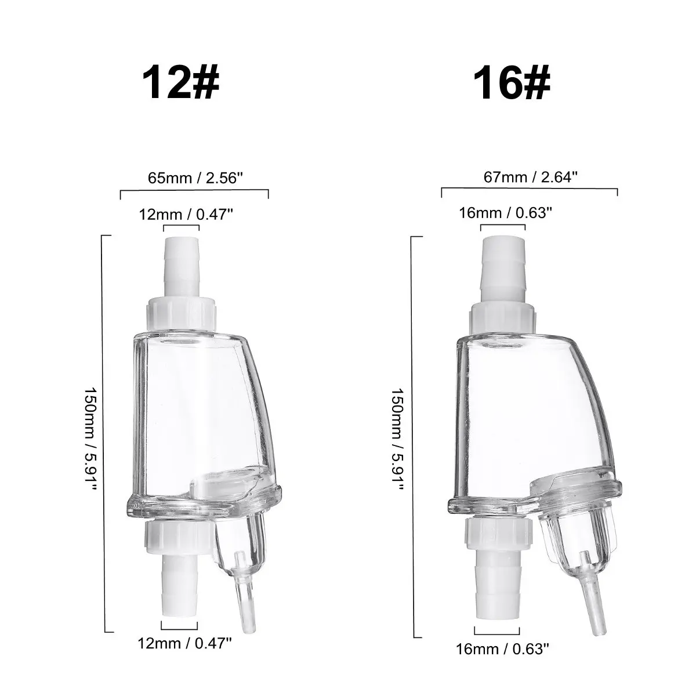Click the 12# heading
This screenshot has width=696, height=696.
point(180,83)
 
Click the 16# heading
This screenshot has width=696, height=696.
point(512,83)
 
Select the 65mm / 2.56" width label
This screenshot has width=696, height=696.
point(195,178)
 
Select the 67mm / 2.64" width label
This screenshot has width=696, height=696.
point(531,177)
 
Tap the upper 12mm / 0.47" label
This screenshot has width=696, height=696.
point(186,215)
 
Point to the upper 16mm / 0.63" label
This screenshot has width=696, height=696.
point(506,213)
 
